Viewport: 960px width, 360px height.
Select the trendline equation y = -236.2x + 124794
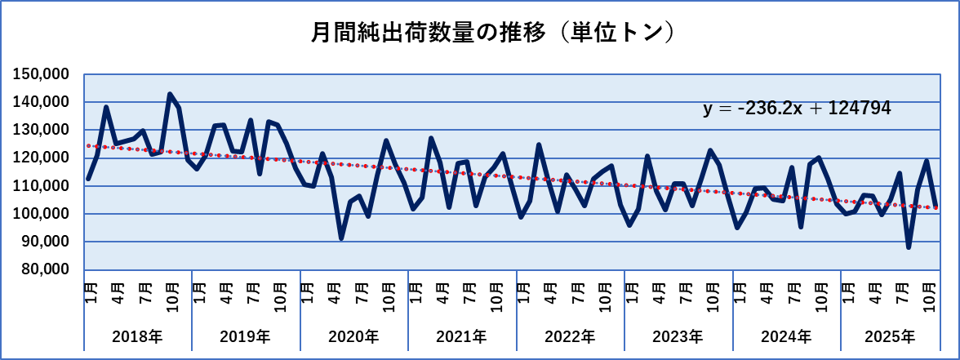coord(796,109)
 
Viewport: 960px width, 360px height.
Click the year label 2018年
coord(137,336)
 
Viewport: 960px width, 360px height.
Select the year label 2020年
coord(353,336)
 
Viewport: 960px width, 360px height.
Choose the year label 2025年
coord(889,336)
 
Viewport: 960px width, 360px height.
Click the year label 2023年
coord(678,336)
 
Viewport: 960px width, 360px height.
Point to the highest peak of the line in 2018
coord(170,95)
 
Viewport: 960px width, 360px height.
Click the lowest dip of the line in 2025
coord(909,247)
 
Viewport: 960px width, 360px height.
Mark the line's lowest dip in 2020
coord(341,238)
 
